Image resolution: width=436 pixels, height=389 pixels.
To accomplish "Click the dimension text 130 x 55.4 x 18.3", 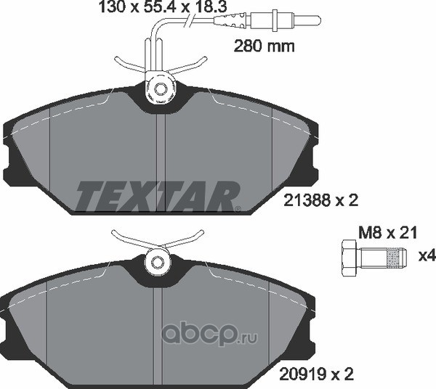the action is pos(163,7).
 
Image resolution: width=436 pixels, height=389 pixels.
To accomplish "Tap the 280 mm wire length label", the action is pos(265,46).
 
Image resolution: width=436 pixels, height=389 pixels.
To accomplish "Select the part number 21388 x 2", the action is pos(320,200).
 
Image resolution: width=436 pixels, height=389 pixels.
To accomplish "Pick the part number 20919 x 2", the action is pos(316,374).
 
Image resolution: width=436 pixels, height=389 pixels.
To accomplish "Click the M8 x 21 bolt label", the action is pos(388,233).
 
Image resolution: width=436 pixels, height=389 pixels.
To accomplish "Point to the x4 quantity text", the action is pos(427,256).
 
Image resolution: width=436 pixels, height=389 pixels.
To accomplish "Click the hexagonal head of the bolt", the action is pos(349,258).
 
